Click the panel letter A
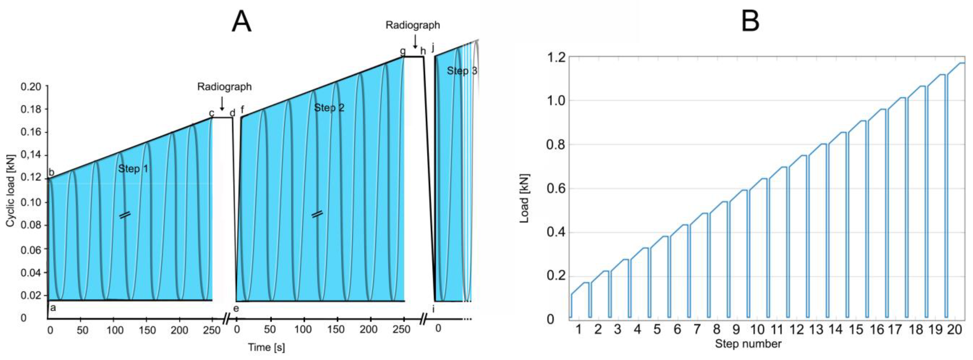pyautogui.click(x=241, y=22)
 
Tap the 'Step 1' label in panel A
pyautogui.click(x=133, y=169)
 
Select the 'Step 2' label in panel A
pyautogui.click(x=329, y=108)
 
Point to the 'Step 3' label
pyautogui.click(x=462, y=71)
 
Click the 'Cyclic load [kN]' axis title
pyautogui.click(x=10, y=191)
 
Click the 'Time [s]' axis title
pyautogui.click(x=266, y=347)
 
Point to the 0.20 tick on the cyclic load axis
pyautogui.click(x=31, y=87)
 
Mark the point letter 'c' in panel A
pyautogui.click(x=212, y=113)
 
